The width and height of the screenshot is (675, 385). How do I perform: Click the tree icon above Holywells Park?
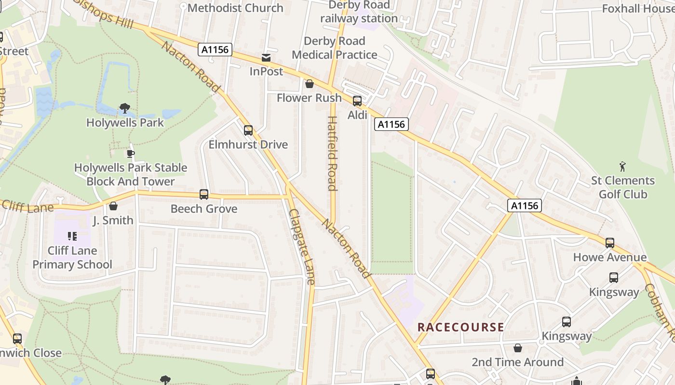tap(125, 108)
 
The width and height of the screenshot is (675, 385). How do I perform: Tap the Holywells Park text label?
tap(125, 123)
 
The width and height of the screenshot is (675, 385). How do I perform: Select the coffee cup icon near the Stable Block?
tap(130, 154)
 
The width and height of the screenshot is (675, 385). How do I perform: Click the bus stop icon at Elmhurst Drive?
tap(248, 130)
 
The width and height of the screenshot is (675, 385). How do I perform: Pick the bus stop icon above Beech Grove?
tap(204, 194)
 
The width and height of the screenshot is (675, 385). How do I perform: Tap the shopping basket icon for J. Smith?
tap(113, 206)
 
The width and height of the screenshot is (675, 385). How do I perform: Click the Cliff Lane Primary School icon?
tap(72, 236)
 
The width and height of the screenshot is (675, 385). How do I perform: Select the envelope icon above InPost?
tap(266, 58)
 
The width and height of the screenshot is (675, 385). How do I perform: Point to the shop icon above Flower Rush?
tap(310, 84)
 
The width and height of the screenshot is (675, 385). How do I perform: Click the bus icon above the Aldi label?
tap(357, 101)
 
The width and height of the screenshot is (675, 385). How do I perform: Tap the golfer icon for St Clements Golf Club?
tap(623, 167)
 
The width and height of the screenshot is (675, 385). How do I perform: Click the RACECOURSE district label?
tap(460, 327)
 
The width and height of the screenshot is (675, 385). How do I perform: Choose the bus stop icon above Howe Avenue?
tap(610, 243)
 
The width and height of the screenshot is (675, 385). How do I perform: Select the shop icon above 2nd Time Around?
tap(518, 347)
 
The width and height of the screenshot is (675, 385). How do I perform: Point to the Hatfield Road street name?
tap(332, 153)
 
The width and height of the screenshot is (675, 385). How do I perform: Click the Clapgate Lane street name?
tap(302, 246)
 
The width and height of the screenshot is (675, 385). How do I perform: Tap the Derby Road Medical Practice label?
tap(334, 48)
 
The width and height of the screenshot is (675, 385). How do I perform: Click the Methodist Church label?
tap(235, 8)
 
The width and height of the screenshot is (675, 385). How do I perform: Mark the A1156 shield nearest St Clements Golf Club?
tap(525, 206)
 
